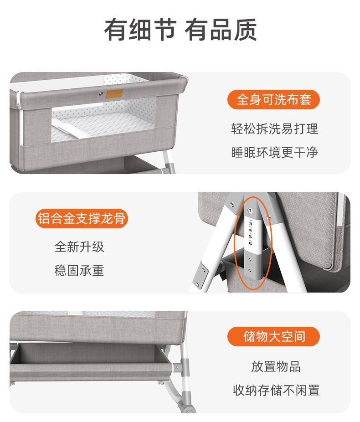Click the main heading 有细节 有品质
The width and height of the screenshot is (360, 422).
[x=180, y=30]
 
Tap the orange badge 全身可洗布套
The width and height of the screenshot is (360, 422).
[x=273, y=100]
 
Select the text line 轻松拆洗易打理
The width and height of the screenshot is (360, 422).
[x=274, y=129]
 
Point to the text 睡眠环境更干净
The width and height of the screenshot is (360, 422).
[x=274, y=152]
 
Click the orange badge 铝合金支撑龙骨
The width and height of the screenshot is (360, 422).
[x=82, y=218]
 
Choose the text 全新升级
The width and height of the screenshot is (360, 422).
[x=79, y=247]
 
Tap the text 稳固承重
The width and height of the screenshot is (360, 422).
[x=79, y=270]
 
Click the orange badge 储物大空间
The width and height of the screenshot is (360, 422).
[x=273, y=336]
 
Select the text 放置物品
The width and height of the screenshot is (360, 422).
[x=276, y=366]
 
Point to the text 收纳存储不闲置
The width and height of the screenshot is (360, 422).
[x=276, y=390]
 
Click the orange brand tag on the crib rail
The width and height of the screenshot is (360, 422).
[x=114, y=94]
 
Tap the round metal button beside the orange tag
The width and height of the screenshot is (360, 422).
[x=101, y=94]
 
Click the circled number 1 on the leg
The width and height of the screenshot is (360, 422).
[x=250, y=211]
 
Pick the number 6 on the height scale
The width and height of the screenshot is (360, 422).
[x=250, y=243]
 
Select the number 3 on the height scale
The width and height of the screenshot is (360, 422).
[x=250, y=224]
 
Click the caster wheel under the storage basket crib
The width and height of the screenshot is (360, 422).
[x=188, y=406]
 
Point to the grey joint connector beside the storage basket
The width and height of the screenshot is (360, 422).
[x=181, y=367]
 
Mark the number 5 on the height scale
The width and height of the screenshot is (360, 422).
[x=250, y=237]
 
